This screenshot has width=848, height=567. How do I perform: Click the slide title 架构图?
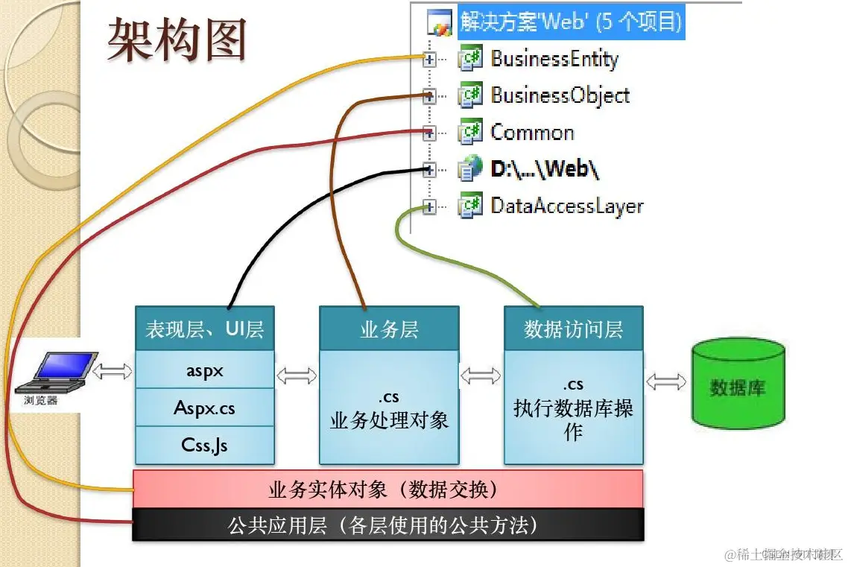coord(177,39)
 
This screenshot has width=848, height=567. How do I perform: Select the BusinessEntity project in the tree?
coord(554,58)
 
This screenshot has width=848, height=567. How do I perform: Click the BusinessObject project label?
coord(560,95)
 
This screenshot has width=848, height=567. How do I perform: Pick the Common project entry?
coord(532,133)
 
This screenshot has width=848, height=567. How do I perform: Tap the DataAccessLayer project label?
coord(566,206)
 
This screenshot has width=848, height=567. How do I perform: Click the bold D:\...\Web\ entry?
coord(545,169)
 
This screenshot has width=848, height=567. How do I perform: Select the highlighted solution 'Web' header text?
coord(570,21)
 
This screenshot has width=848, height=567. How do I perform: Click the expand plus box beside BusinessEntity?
coord(429,60)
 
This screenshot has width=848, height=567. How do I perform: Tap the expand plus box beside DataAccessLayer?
coord(429,207)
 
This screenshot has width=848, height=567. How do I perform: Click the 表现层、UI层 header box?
coord(204,329)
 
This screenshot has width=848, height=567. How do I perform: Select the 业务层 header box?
coord(389,329)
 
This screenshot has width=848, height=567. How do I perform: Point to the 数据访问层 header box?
coord(573,329)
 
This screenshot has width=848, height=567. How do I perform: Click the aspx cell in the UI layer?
coord(204,370)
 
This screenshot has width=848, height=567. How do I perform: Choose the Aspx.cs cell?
coord(204,408)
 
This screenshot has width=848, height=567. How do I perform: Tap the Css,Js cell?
coord(204,445)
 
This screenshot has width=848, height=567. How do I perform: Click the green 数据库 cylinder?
coord(737,385)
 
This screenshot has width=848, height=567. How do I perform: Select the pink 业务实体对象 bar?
coord(387,490)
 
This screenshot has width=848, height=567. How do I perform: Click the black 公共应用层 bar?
coord(387,525)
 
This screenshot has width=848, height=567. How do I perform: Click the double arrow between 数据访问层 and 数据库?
coord(667,381)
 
